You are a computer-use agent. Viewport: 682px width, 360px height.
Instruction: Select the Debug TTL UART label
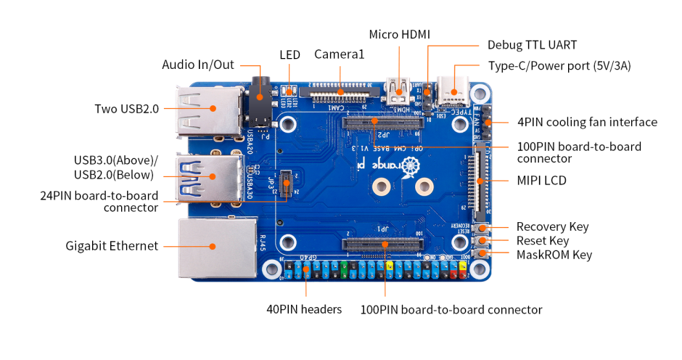tap(532, 45)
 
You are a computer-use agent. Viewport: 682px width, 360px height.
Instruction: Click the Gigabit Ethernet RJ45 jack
tap(212, 246)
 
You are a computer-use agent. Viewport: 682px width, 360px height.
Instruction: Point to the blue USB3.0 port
tap(210, 176)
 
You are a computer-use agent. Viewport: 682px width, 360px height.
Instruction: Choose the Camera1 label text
tap(339, 54)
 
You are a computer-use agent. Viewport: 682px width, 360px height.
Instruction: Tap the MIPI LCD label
tap(542, 180)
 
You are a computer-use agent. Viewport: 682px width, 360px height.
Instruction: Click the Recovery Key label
tap(552, 226)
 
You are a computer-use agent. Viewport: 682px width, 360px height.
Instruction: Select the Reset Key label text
tap(542, 240)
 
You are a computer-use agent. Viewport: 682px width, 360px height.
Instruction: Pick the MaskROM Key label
tap(554, 255)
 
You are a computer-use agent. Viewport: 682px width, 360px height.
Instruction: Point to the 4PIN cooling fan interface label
tap(587, 122)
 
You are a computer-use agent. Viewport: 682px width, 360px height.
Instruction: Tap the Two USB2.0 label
tap(126, 109)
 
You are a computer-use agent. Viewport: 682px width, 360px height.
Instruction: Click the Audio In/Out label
tap(198, 65)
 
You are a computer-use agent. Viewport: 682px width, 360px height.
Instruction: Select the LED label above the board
tap(289, 55)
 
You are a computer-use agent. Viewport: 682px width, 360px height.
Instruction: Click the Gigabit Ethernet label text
tap(112, 246)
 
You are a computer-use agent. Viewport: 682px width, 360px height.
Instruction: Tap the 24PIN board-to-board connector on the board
tap(287, 184)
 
